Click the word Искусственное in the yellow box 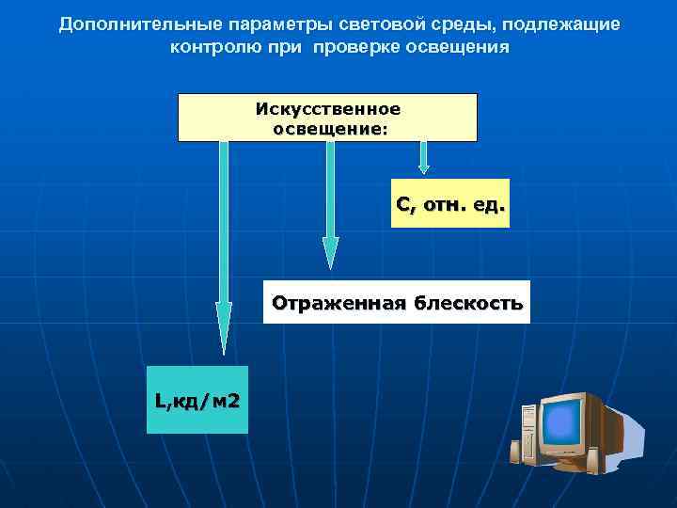[327, 108]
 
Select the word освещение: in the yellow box [328, 128]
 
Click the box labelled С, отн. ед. [449, 203]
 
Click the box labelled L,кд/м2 [197, 400]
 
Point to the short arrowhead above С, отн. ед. [424, 167]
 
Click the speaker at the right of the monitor [592, 460]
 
